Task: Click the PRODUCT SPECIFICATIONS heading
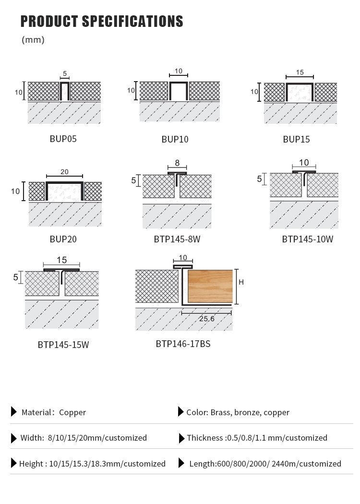[x=102, y=22]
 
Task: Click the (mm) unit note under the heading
[x=33, y=40]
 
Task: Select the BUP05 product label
[x=63, y=139]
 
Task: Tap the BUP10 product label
[x=175, y=140]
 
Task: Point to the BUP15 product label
[x=296, y=140]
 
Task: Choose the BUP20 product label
[x=63, y=239]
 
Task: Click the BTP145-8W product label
[x=177, y=239]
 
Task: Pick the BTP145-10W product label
[x=307, y=239]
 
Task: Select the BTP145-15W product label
[x=63, y=345]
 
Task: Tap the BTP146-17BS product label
[x=183, y=344]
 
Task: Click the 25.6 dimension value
[x=207, y=318]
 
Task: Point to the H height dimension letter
[x=241, y=282]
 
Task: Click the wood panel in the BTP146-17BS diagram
[x=210, y=286]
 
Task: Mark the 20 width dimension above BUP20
[x=64, y=171]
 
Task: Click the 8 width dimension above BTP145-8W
[x=177, y=163]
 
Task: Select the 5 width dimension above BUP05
[x=65, y=74]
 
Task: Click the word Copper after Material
[x=72, y=412]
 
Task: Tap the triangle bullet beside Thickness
[x=181, y=438]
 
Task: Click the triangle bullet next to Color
[x=180, y=412]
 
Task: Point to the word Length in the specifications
[x=202, y=464]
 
